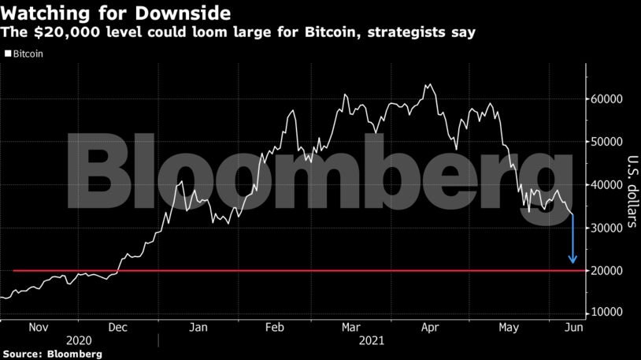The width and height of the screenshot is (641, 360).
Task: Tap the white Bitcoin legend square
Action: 9,54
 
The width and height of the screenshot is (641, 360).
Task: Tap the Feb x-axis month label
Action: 275,327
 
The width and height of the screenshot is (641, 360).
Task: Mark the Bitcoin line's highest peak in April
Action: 428,84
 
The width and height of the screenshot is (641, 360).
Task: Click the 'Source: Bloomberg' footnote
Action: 52,354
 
